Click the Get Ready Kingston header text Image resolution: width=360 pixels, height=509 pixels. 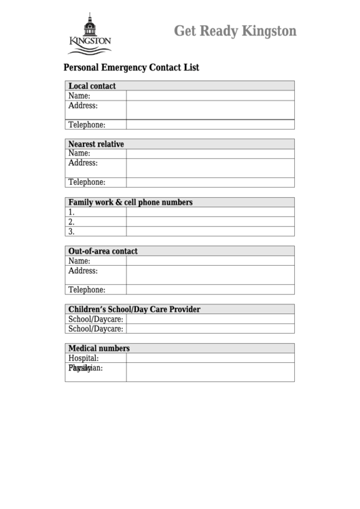[235, 31]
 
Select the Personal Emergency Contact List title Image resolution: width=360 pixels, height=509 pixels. [131, 68]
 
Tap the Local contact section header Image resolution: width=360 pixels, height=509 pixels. [92, 86]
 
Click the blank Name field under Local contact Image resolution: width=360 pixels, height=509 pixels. [210, 96]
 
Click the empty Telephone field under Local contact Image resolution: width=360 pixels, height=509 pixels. [210, 124]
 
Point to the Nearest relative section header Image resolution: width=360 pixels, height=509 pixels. [96, 144]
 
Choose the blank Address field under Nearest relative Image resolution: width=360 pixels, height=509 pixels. [210, 167]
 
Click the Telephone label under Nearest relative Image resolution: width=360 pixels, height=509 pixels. [87, 182]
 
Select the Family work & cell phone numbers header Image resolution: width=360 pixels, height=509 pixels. [130, 203]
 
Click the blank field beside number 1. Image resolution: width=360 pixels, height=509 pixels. [210, 212]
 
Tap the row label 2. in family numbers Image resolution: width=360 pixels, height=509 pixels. [71, 222]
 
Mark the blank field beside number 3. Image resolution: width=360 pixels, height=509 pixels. [210, 231]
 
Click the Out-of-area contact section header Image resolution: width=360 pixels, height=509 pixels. [103, 251]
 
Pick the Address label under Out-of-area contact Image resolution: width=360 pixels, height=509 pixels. [83, 270]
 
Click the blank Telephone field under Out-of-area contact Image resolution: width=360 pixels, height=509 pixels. [210, 289]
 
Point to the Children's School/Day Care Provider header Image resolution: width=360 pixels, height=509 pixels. [134, 309]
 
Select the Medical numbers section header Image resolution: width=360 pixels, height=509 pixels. [99, 349]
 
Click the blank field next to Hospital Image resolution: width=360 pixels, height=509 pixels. [210, 358]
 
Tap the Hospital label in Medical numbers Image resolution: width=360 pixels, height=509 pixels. [84, 358]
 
